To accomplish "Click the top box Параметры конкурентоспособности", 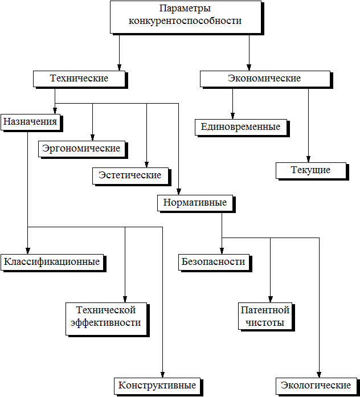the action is (x=187, y=18).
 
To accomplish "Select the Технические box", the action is (x=80, y=80).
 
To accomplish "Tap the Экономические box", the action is (x=267, y=80).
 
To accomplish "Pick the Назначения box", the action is (x=32, y=123).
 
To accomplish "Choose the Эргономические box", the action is (x=83, y=150).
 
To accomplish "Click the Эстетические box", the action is (x=132, y=177).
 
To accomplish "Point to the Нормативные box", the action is (x=196, y=203).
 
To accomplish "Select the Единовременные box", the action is (x=242, y=128).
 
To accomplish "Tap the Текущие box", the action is (x=312, y=171).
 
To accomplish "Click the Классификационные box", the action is (x=54, y=263).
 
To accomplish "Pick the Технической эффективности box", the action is (x=108, y=320).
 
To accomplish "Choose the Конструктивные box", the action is (x=158, y=387).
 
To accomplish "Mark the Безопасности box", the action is (x=215, y=263).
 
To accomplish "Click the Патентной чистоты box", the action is (x=267, y=317).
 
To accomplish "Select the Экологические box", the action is (x=317, y=387).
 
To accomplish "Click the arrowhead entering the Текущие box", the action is (x=308, y=159).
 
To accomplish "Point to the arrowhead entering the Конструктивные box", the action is (x=162, y=375).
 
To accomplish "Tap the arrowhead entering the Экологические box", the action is (x=319, y=375).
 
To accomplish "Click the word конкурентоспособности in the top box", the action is (x=185, y=21).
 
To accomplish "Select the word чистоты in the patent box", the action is (x=265, y=323).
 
